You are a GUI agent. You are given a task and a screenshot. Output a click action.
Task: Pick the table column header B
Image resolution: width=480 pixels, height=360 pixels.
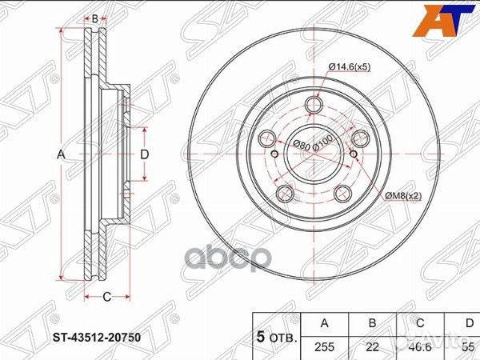click(x=373, y=322)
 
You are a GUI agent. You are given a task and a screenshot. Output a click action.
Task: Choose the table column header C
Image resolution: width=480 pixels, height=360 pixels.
click(x=422, y=322)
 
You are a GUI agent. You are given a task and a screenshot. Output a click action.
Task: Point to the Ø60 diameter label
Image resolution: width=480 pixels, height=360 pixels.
click(x=301, y=145)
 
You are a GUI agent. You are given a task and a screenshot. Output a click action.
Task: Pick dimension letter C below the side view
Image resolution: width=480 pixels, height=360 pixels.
click(x=106, y=298)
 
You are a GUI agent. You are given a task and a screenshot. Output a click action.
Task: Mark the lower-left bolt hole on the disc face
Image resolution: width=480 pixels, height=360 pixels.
click(x=284, y=192)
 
